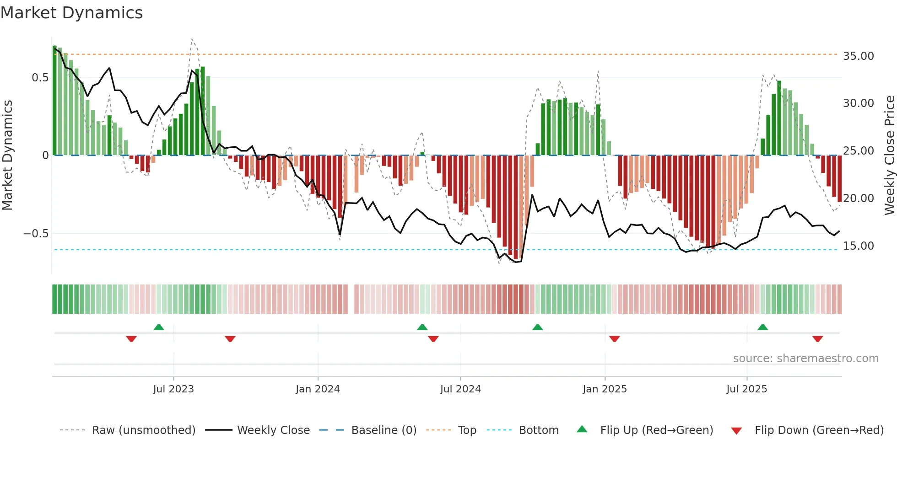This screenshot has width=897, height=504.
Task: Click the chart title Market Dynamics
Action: tap(71, 13)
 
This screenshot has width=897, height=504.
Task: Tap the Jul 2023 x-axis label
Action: tap(173, 389)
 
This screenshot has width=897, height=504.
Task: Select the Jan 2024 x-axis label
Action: tap(318, 389)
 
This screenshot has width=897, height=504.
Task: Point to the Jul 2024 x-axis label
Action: tap(460, 389)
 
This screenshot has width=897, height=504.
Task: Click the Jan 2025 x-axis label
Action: tap(605, 389)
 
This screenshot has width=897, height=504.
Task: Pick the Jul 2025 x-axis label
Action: tap(746, 389)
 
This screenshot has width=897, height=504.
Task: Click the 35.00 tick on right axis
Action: tap(858, 56)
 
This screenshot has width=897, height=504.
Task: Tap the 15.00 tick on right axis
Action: tap(858, 246)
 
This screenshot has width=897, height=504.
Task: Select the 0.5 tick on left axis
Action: tap(40, 78)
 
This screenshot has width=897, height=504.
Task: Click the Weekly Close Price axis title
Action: tap(889, 155)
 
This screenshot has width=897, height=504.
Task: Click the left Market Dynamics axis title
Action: tap(7, 155)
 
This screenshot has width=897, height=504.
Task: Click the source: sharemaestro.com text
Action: tap(805, 359)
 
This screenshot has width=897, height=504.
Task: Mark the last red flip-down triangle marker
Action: tap(818, 339)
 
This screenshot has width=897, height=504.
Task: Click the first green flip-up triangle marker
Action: tap(159, 327)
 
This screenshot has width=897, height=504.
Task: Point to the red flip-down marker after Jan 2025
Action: tap(615, 339)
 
